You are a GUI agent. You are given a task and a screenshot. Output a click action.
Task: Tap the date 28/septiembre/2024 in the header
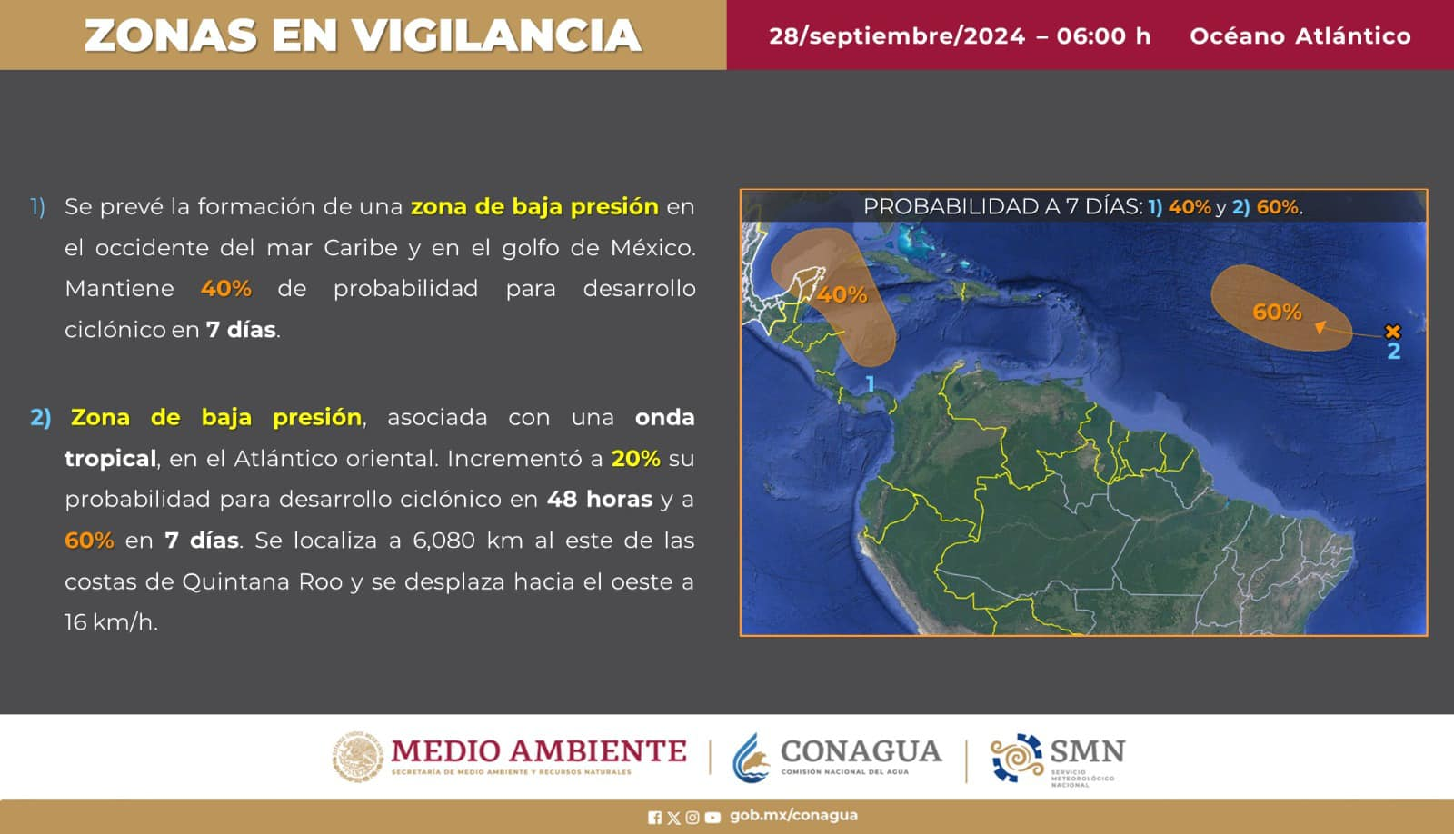(897, 35)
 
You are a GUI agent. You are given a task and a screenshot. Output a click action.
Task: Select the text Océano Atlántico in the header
(1300, 35)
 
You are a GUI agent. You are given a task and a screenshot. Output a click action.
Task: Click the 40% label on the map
(842, 294)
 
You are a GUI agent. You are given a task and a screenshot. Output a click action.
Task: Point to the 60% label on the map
(1277, 313)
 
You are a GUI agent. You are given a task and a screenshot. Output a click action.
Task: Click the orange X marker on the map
(1392, 332)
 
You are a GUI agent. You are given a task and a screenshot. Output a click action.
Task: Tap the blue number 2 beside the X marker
(1394, 352)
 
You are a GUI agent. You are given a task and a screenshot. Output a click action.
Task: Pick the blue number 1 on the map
(871, 384)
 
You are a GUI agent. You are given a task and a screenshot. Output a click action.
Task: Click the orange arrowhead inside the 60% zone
(1320, 327)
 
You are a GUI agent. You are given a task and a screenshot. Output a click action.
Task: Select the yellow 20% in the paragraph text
(635, 458)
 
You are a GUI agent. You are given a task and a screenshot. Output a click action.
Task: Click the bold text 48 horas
(599, 499)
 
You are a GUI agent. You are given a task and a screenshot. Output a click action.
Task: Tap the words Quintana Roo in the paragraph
(263, 581)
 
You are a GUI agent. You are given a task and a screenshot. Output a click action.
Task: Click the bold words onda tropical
(380, 438)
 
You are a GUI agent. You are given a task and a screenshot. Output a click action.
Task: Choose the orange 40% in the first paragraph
(226, 288)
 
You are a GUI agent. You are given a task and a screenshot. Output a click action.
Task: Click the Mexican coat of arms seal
(358, 757)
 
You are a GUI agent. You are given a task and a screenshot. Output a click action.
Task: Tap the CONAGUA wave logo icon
(752, 758)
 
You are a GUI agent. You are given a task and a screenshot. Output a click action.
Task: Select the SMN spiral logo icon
(1017, 758)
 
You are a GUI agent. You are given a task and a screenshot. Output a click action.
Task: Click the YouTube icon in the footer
(712, 817)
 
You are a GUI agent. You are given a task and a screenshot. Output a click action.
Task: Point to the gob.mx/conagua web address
(794, 816)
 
